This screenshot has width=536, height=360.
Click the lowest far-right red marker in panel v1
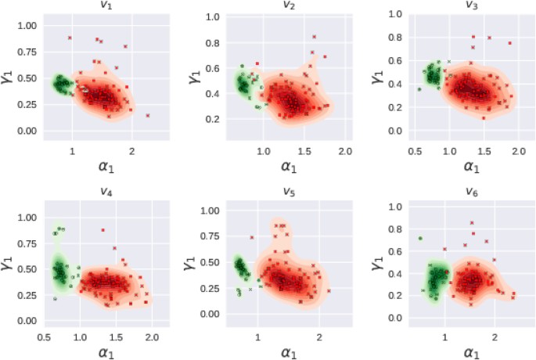[x=147, y=115]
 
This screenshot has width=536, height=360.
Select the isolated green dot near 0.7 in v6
[x=420, y=238]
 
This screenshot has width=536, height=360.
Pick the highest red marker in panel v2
[x=314, y=37]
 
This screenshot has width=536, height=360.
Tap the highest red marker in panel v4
[x=103, y=230]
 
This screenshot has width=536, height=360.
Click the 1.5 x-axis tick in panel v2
[x=304, y=150]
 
